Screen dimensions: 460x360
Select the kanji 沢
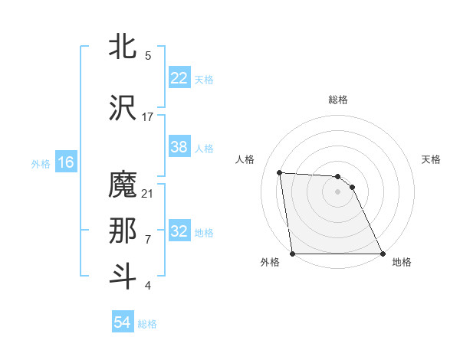click(123, 107)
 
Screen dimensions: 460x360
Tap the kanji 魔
click(123, 186)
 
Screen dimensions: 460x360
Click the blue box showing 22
click(179, 78)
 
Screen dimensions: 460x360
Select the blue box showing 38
click(179, 147)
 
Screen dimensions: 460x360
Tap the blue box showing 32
click(179, 232)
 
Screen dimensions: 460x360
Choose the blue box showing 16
click(66, 162)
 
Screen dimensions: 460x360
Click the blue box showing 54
click(123, 322)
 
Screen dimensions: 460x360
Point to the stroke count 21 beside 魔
click(148, 193)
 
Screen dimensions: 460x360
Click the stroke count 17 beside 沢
click(148, 116)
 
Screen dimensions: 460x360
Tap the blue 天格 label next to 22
click(204, 80)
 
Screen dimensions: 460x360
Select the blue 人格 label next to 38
click(204, 149)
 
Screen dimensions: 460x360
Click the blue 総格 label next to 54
click(147, 324)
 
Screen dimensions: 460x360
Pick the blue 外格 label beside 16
click(41, 164)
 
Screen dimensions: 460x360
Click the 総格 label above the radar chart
click(338, 100)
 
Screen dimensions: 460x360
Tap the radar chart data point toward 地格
click(382, 254)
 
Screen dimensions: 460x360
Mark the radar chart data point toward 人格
click(280, 172)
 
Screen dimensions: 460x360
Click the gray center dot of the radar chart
click(338, 191)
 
